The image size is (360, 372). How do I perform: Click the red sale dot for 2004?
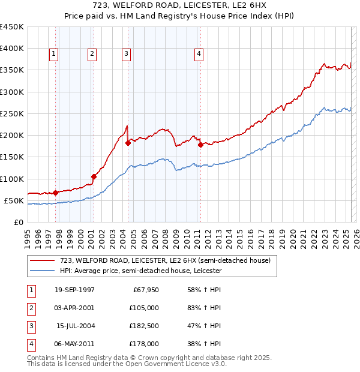pos(128,143)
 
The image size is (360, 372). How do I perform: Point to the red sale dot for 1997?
pos(55,193)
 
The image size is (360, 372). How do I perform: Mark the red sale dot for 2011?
pos(200,145)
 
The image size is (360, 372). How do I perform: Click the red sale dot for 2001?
pos(94,176)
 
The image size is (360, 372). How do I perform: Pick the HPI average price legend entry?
pos(140,271)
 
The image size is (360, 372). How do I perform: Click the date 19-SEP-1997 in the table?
pos(74,290)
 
